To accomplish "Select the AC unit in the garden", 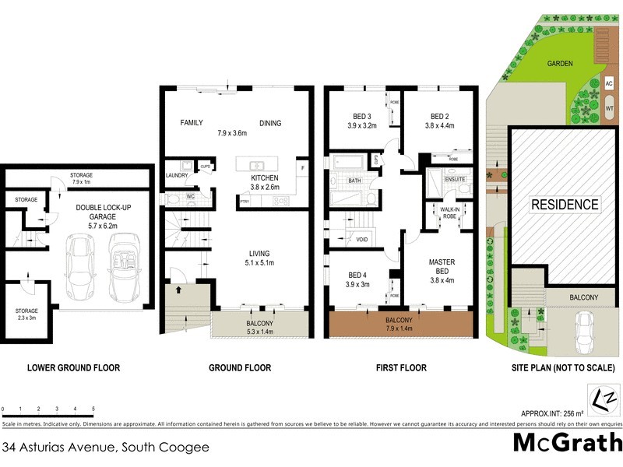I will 609,83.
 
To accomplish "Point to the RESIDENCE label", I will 565,205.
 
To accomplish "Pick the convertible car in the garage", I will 125,269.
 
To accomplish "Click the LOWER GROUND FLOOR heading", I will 73,368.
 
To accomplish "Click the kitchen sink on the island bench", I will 254,165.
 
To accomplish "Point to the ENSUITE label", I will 455,179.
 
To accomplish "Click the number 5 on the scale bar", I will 93,408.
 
